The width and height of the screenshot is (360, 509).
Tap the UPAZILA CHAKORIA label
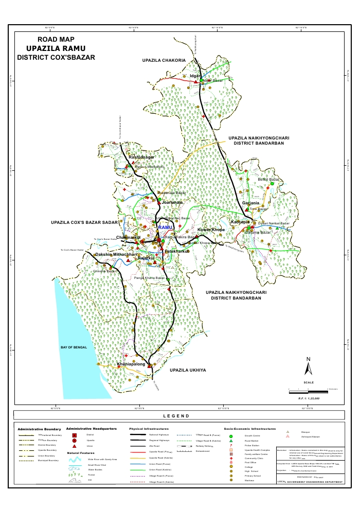coord(164,61)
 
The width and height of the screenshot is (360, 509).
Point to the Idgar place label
coord(194,76)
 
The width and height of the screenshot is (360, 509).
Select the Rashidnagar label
coord(141,157)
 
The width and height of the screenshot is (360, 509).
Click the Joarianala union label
coord(172,203)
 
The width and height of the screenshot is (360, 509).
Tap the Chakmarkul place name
coord(129,237)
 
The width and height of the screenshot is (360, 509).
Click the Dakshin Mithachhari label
coord(117,255)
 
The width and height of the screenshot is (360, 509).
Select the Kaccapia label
coord(240,222)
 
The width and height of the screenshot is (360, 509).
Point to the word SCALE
coord(309,382)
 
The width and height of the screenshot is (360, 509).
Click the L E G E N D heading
coord(176,416)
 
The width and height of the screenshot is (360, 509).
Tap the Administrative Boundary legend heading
coord(39,429)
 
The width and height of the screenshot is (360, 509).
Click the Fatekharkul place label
coord(176,251)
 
